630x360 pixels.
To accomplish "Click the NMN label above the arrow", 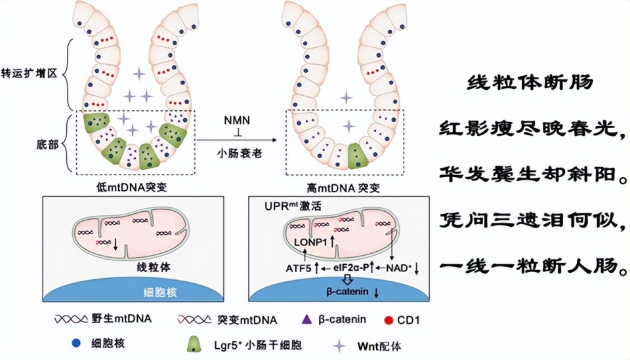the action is [x=237, y=120].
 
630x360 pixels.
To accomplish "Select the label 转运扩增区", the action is [x=29, y=73].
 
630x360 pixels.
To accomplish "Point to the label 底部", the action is [x=47, y=144].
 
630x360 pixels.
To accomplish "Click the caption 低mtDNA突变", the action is [x=132, y=187].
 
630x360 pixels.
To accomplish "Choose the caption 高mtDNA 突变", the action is [x=343, y=188].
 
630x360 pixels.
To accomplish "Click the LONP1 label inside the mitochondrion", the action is [x=311, y=242].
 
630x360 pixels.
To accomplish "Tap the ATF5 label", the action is [x=299, y=268].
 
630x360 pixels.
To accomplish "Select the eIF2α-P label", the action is [x=350, y=268].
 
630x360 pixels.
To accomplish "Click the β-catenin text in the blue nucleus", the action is [x=347, y=292].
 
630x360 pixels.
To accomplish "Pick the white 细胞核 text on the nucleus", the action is [x=160, y=292].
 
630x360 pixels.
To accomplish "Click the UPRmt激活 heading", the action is [x=293, y=207].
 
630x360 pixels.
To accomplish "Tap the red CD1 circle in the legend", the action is [x=388, y=320].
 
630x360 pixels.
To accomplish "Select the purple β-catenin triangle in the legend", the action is [x=306, y=319].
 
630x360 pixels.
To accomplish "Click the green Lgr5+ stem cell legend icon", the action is [x=195, y=345].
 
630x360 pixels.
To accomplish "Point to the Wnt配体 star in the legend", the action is [x=339, y=346].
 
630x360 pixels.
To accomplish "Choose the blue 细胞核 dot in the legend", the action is [x=76, y=343].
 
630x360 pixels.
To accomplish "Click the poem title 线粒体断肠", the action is [x=530, y=83].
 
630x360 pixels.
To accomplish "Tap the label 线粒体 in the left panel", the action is [x=154, y=268].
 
